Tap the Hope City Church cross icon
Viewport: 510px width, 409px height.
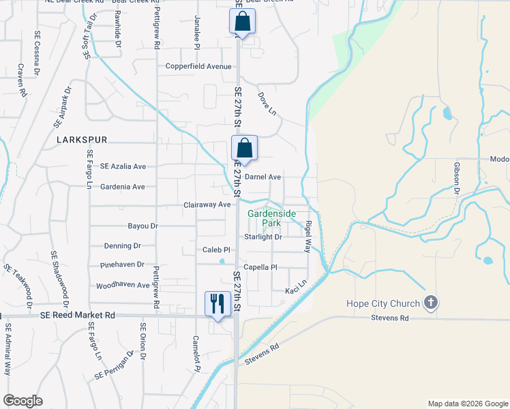point(430,303)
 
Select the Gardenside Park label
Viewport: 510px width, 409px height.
point(271,218)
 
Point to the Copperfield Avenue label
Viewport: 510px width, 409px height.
point(199,67)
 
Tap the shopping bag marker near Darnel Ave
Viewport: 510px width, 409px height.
point(244,149)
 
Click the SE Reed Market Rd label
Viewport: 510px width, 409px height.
point(77,316)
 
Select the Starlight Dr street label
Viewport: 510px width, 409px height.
point(263,237)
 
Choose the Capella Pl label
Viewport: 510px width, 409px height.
point(260,268)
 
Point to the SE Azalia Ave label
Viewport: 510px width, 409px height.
point(123,166)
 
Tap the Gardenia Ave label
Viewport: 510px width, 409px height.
point(122,187)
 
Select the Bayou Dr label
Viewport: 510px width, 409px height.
point(142,226)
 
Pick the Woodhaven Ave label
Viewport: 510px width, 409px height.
point(123,286)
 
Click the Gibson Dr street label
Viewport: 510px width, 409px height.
point(457,177)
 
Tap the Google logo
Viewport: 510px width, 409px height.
point(22,401)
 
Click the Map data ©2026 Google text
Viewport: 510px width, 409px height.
point(467,404)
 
